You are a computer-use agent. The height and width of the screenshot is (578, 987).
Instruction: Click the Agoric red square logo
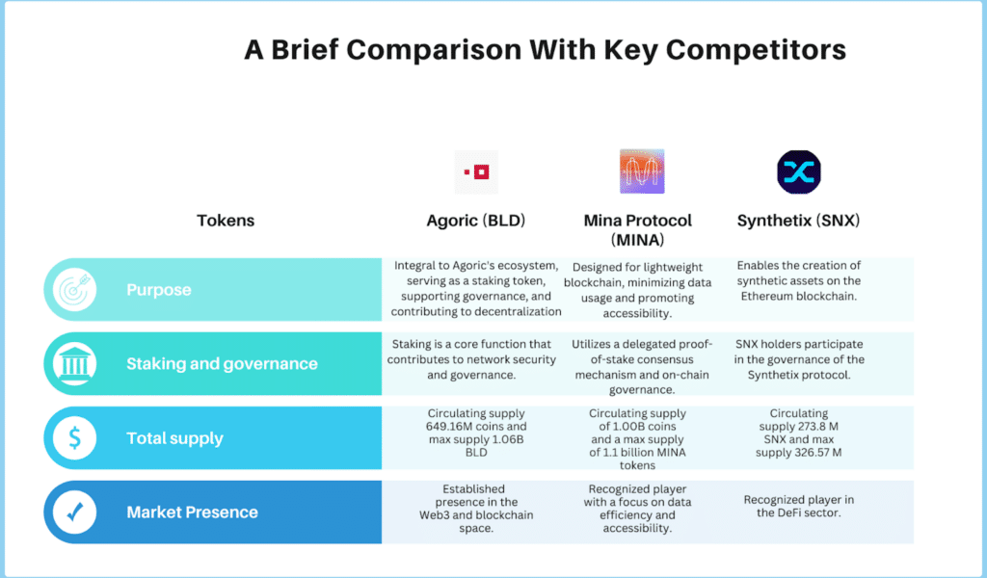(x=476, y=171)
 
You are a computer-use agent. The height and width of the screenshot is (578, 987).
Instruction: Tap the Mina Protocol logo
(x=642, y=171)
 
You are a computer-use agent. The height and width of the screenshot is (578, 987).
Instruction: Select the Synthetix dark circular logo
(x=799, y=171)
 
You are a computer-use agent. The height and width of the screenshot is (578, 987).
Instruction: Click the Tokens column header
(x=226, y=221)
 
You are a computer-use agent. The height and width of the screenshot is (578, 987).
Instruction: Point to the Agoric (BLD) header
(x=476, y=221)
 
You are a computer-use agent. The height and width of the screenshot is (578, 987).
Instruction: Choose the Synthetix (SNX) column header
(x=798, y=221)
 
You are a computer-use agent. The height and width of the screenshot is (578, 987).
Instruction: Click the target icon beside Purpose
(x=74, y=289)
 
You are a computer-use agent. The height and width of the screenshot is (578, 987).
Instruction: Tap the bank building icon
(x=74, y=363)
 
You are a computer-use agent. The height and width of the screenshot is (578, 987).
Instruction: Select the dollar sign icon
(x=74, y=437)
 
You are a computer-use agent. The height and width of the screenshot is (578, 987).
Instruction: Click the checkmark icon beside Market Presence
(x=74, y=512)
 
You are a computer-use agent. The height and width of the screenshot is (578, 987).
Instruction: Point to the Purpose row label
(x=159, y=290)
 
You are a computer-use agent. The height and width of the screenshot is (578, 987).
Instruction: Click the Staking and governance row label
(x=222, y=363)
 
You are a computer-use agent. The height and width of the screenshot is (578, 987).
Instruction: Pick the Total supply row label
(x=175, y=438)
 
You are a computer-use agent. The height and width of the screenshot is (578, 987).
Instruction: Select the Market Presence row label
(x=192, y=512)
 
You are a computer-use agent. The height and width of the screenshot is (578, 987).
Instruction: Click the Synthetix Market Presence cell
(x=799, y=507)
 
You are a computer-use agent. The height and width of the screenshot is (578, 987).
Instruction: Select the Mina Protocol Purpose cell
(x=638, y=290)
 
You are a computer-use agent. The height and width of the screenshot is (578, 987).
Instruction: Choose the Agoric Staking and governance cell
(x=471, y=359)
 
